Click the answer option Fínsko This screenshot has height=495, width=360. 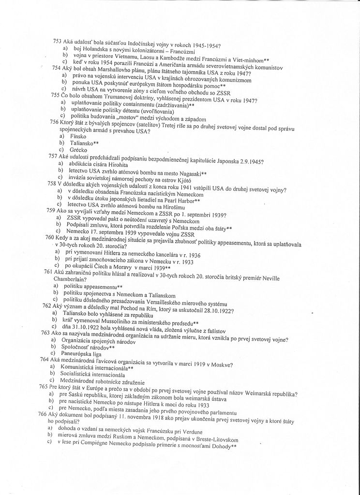coord(78,137)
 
